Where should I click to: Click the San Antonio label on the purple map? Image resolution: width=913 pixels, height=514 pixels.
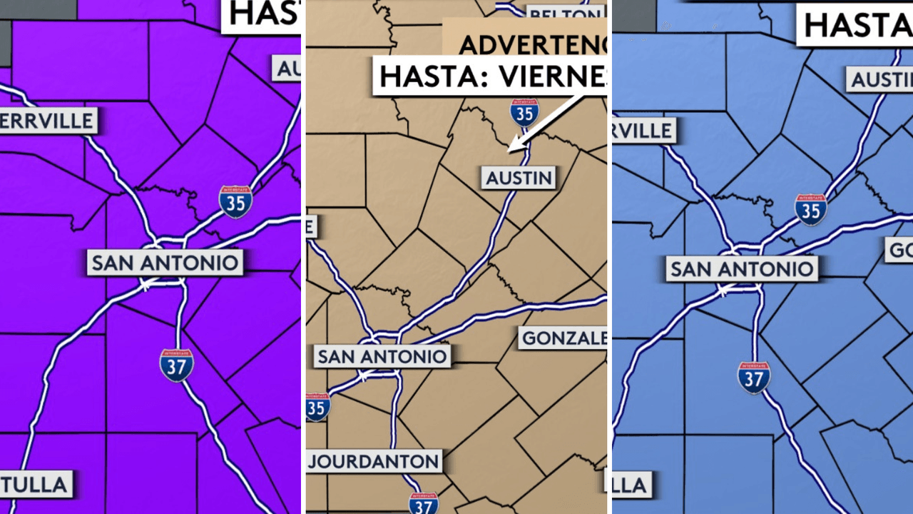165,263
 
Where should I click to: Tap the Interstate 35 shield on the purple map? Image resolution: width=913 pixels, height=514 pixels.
235,201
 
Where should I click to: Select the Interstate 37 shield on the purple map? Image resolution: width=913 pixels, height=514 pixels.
176,365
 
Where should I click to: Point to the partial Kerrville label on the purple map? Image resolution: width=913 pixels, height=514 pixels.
48,120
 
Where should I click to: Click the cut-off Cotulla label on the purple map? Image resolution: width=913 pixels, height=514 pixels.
36,485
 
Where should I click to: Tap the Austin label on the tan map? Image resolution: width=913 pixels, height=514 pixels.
519,178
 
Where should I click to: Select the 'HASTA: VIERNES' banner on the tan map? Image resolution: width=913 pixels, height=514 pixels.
491,75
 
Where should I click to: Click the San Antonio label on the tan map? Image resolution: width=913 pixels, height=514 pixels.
382,356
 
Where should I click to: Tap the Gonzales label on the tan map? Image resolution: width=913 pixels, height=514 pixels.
563,338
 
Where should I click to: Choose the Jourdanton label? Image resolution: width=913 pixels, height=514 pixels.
374,460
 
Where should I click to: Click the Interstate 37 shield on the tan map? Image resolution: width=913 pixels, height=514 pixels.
424,503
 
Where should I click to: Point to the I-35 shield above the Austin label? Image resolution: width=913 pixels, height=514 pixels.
524,112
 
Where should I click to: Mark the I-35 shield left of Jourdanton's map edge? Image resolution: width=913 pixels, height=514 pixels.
317,406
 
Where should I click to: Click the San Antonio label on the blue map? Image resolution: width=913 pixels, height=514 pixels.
742,269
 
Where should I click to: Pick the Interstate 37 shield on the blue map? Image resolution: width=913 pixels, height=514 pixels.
753,378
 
